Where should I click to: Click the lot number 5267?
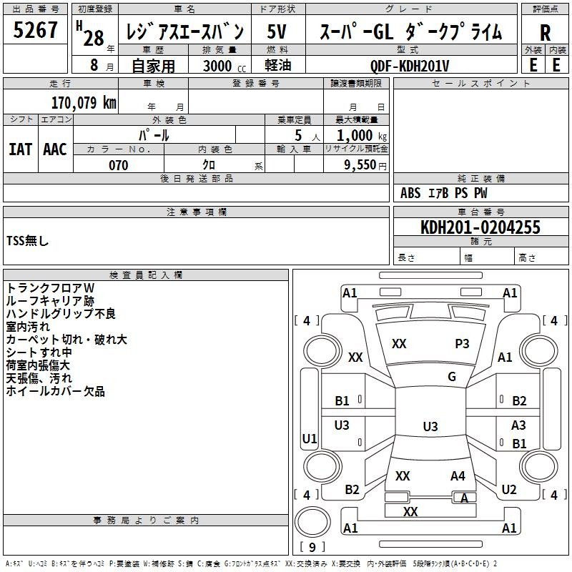click(x=35, y=29)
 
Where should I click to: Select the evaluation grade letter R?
click(x=545, y=33)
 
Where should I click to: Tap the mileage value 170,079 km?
click(x=84, y=102)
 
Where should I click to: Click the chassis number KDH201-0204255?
click(x=480, y=227)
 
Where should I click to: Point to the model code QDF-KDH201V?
click(x=410, y=66)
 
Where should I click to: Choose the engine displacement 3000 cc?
click(x=225, y=66)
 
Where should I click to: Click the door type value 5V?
click(x=277, y=31)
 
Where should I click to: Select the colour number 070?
click(x=119, y=165)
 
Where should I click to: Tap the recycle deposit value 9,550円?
click(x=365, y=165)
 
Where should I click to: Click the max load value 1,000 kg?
click(x=362, y=135)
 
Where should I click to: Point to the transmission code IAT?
click(x=20, y=149)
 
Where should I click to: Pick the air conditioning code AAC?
click(x=55, y=149)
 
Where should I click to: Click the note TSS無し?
click(x=27, y=241)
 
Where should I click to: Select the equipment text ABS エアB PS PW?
click(x=443, y=193)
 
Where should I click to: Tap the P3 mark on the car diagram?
click(x=462, y=344)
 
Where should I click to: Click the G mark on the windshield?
click(x=452, y=376)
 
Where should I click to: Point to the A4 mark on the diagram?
click(x=458, y=476)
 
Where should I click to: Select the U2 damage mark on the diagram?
click(x=509, y=490)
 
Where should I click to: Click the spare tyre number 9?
click(x=312, y=547)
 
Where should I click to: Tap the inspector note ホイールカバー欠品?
click(x=56, y=391)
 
